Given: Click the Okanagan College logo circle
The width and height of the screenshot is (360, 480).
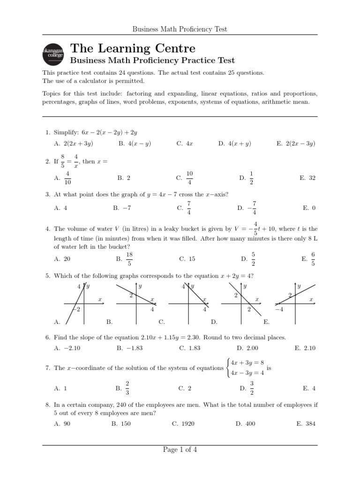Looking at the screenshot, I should point(52,54).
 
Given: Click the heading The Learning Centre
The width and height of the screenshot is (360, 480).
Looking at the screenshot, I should point(133,48).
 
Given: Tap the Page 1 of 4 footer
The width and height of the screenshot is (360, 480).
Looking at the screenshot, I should point(180,450).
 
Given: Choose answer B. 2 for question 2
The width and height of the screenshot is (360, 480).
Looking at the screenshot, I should point(124,178).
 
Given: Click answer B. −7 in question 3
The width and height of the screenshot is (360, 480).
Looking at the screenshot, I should point(121,208).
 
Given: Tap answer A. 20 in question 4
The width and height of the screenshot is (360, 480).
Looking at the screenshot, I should point(62,258).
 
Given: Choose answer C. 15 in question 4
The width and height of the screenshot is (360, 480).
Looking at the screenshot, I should point(187,258).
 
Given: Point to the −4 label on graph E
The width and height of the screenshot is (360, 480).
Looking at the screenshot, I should point(279,310).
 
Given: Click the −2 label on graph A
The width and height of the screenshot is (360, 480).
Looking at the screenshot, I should point(77,309).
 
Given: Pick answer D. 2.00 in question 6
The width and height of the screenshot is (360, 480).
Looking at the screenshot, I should point(247,348).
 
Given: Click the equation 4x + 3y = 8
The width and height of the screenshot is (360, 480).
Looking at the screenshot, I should point(248,362).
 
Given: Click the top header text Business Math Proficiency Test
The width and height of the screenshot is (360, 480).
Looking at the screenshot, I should point(180,29).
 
